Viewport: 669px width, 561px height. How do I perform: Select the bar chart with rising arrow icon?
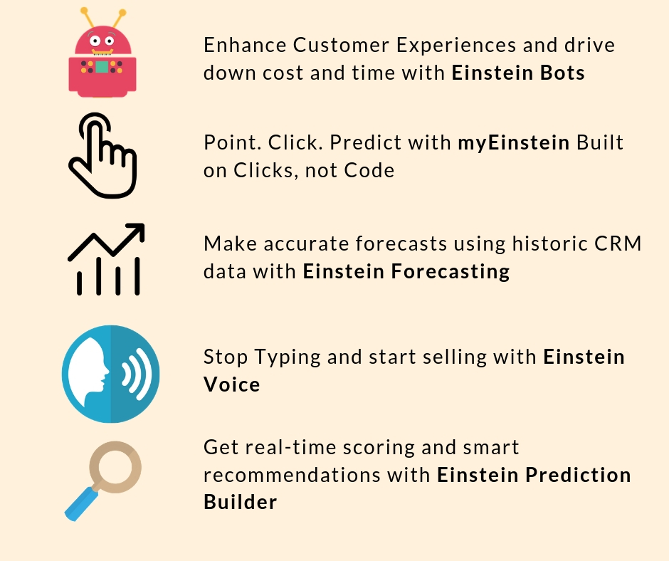click(x=106, y=259)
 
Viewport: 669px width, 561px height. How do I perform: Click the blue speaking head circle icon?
click(x=110, y=374)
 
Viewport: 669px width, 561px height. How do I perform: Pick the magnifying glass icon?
click(x=102, y=481)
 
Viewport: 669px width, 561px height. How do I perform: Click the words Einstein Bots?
click(x=518, y=73)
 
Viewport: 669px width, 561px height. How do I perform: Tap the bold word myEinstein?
click(x=513, y=143)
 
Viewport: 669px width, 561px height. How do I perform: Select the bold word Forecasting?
click(x=450, y=272)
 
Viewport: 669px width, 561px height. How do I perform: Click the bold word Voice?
click(x=232, y=384)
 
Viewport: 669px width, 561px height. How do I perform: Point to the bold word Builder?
click(x=241, y=502)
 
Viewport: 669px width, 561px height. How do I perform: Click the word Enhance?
click(x=245, y=46)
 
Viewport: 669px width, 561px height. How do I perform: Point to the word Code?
click(x=369, y=170)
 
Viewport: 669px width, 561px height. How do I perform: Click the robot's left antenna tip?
click(x=84, y=11)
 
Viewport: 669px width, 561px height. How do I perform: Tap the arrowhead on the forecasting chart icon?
click(x=137, y=231)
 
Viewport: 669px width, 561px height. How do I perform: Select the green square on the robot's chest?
click(x=102, y=67)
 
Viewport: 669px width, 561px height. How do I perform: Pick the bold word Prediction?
click(x=578, y=475)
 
